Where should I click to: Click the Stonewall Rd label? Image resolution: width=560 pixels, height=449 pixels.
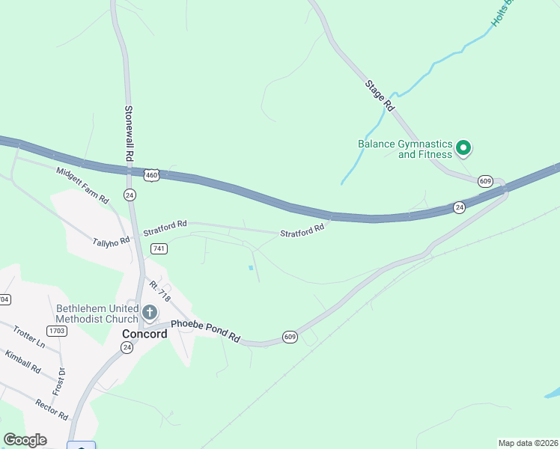pos(129,133)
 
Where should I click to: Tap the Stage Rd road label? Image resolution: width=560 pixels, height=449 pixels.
pos(379,95)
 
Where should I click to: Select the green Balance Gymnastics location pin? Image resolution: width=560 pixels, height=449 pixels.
pos(463,148)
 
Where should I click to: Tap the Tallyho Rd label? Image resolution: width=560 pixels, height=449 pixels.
pos(112,241)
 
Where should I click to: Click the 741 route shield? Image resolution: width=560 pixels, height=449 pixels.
pos(158,248)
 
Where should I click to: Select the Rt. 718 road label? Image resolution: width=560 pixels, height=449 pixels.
pos(160,291)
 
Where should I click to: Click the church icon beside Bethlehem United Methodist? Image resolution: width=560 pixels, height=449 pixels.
pos(149,312)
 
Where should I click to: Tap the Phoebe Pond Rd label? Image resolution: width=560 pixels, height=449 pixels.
pos(205,331)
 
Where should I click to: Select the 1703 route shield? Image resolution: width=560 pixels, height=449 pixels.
pos(57,330)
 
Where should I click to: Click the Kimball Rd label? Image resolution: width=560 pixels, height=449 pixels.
pos(22,361)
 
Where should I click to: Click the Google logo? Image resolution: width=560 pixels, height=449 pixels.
pos(25,440)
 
